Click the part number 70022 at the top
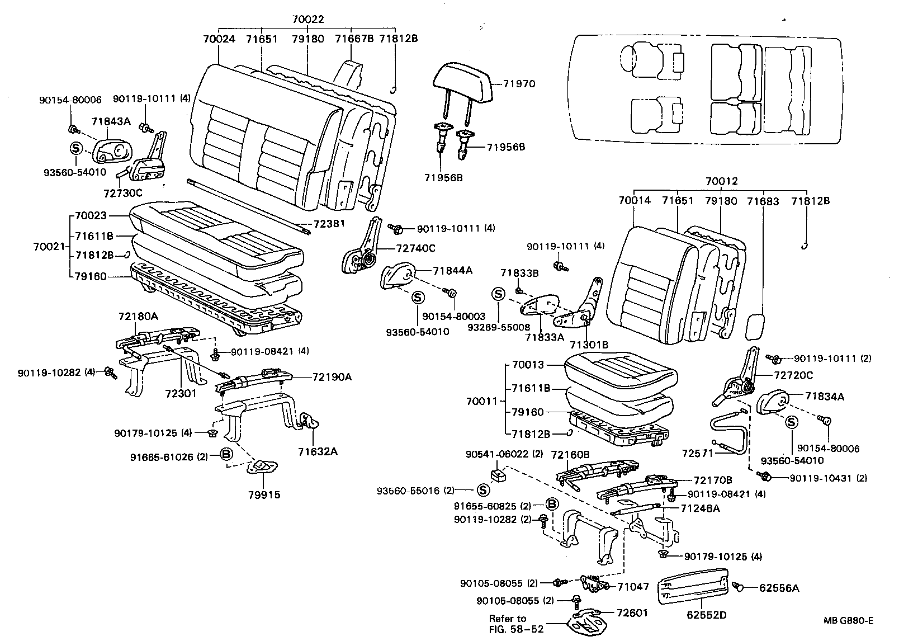click(307, 20)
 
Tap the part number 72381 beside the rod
click(329, 224)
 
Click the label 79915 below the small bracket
click(264, 495)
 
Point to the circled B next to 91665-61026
click(226, 454)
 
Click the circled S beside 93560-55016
click(483, 491)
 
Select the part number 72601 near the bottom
click(632, 612)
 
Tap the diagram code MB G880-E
click(848, 620)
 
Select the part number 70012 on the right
click(721, 181)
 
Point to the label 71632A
click(318, 451)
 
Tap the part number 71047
click(633, 587)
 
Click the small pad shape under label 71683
click(758, 326)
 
